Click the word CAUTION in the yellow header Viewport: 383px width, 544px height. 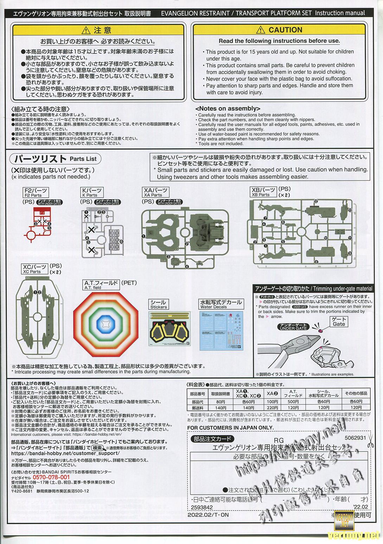285,30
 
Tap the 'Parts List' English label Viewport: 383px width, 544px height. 83,159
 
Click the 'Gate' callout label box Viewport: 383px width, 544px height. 339,321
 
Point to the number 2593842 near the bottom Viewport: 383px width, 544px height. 202,507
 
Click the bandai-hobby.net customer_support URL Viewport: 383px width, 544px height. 65,453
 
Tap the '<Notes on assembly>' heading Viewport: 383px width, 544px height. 228,109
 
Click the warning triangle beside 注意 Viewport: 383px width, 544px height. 87,30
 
